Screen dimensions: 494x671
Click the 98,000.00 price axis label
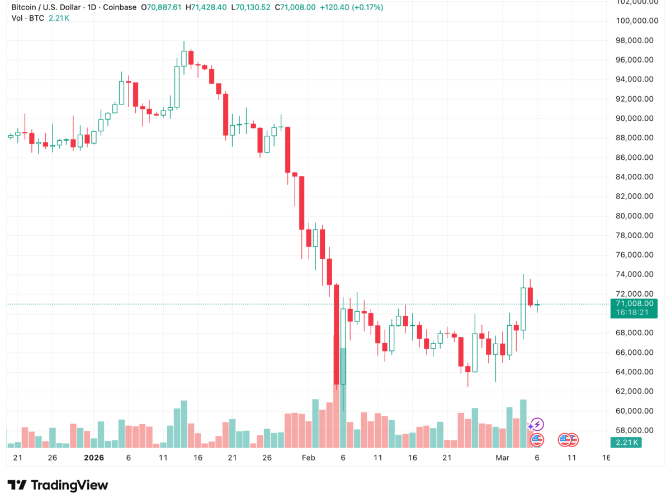[x=634, y=40]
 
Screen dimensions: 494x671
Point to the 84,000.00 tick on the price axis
[x=634, y=177]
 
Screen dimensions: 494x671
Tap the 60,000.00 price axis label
[x=634, y=411]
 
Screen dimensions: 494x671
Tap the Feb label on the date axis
[x=309, y=458]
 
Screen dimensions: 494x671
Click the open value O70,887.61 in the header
[x=161, y=7]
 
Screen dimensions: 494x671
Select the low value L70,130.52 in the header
[x=251, y=7]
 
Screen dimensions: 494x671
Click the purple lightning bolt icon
[x=537, y=424]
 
